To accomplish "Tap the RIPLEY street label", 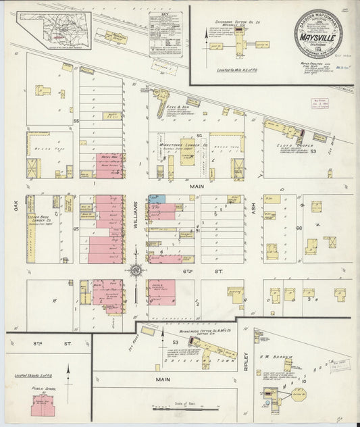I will (247, 358).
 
